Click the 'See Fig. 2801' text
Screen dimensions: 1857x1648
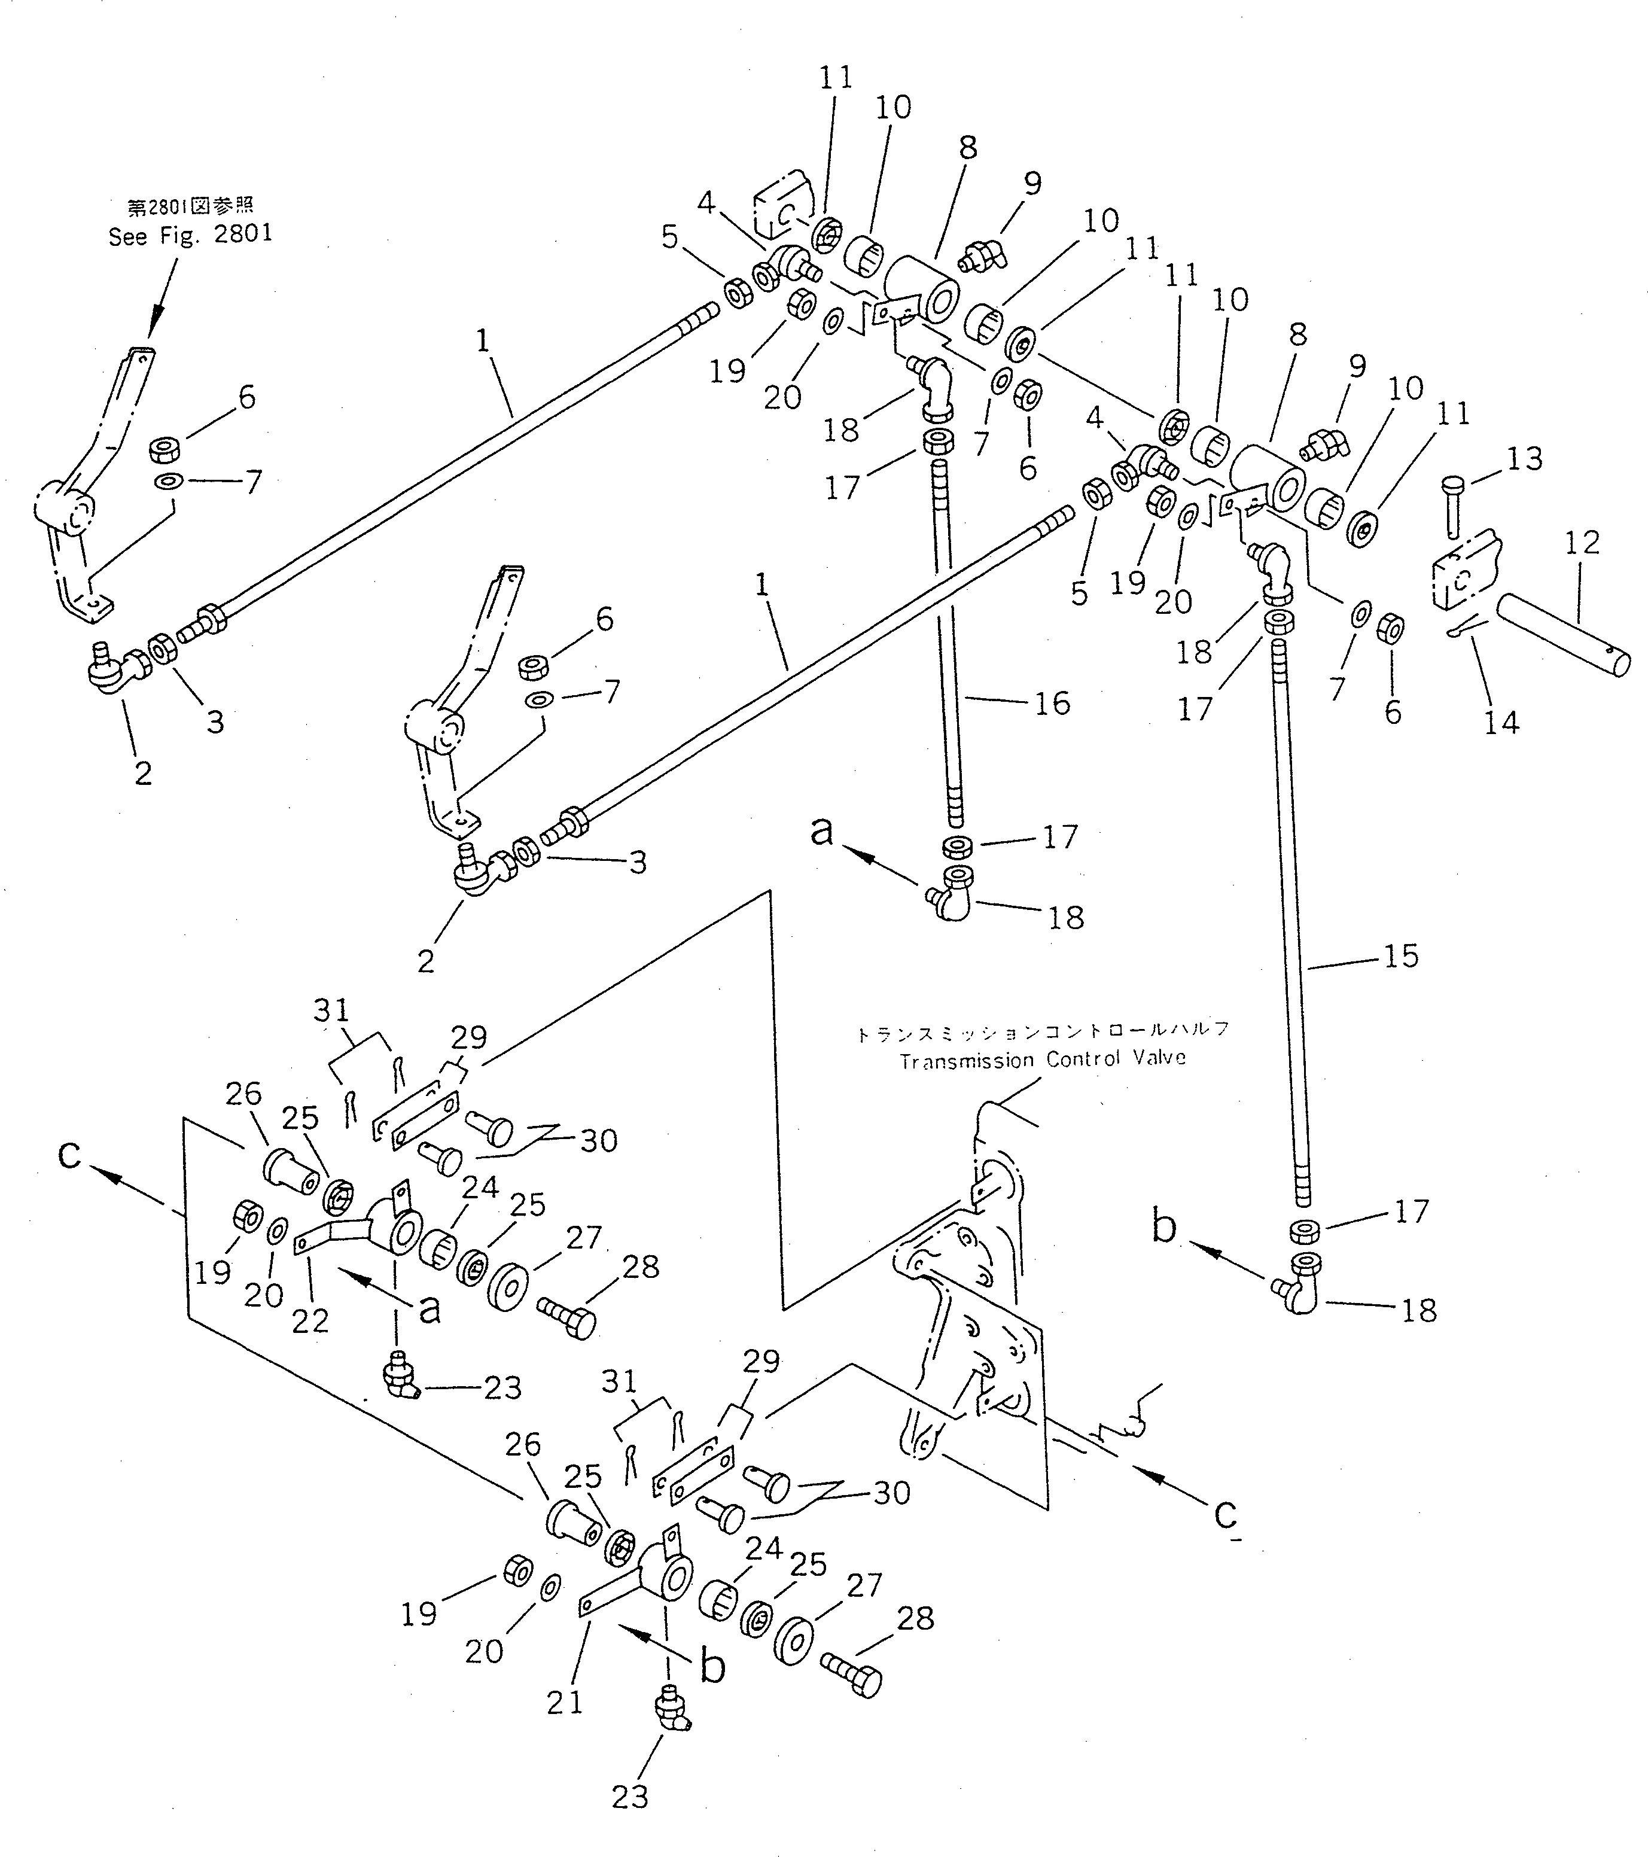(x=190, y=235)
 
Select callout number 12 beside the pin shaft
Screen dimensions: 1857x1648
(x=1582, y=543)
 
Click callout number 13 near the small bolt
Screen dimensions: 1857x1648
(x=1524, y=459)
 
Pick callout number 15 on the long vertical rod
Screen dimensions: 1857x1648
(x=1400, y=956)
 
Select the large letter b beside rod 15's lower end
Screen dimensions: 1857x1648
(x=1164, y=1226)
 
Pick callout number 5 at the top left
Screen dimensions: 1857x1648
(x=669, y=237)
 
